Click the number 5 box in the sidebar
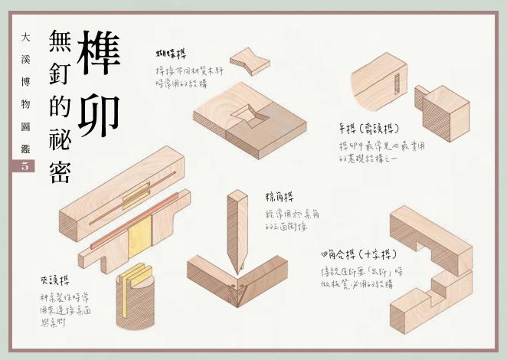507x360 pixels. pos(24,165)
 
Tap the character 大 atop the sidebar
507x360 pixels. pos(25,36)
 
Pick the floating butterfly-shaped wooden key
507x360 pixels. pos(250,61)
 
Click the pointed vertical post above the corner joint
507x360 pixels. pos(236,226)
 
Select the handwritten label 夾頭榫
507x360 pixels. pos(54,280)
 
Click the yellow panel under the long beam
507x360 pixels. pos(140,237)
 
